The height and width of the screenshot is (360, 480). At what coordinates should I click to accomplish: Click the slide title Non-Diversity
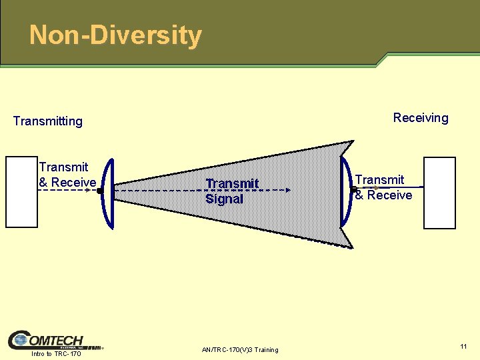click(115, 35)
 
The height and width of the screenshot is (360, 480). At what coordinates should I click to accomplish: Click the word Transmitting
click(48, 121)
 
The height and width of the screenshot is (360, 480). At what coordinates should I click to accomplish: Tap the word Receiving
click(421, 118)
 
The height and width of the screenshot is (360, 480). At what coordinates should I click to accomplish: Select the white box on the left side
click(22, 192)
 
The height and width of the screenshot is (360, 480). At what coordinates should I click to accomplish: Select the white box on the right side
click(439, 193)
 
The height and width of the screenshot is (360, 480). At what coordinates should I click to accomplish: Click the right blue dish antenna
click(345, 192)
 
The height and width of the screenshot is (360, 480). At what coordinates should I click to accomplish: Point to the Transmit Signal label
click(232, 191)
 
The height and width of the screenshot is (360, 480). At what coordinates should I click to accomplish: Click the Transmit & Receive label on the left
click(67, 175)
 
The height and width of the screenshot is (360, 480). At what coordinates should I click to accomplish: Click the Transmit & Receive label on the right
click(383, 187)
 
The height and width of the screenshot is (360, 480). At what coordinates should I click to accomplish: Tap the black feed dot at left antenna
click(99, 191)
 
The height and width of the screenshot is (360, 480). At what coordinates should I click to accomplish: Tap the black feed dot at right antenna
click(353, 189)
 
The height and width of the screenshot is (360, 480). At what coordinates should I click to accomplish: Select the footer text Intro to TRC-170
click(56, 354)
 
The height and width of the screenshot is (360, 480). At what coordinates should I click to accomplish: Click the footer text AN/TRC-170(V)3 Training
click(239, 350)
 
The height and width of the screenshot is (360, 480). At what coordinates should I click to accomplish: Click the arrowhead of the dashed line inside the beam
click(288, 190)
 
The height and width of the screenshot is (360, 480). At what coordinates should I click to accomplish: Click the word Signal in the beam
click(224, 199)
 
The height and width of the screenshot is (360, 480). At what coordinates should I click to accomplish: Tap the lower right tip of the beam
click(352, 247)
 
